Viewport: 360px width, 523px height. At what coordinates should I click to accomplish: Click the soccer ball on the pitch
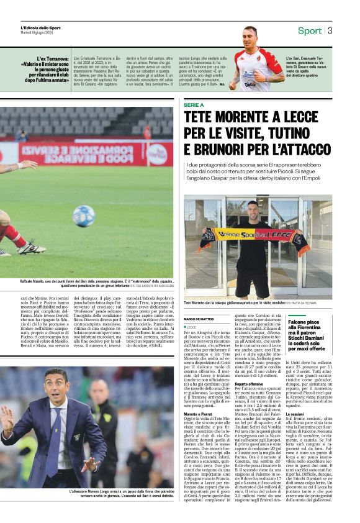[x=83, y=216]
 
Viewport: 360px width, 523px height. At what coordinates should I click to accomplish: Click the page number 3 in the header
[x=330, y=30]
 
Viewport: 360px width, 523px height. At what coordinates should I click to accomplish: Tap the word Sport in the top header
[x=310, y=30]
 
